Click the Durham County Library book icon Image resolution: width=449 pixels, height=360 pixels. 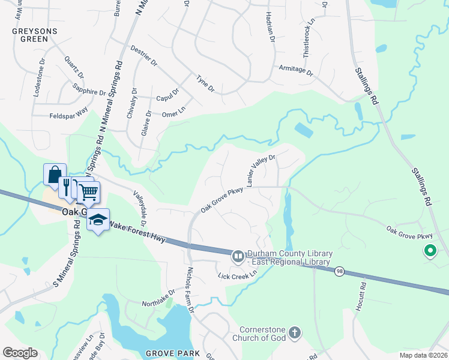238,257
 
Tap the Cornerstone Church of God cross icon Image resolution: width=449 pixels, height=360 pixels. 294,332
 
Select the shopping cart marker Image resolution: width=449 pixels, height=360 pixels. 89,192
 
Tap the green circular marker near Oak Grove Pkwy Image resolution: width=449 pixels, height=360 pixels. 430,251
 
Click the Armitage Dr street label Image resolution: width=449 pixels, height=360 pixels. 296,70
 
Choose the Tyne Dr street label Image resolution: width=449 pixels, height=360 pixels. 205,83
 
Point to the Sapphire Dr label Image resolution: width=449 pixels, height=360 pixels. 89,92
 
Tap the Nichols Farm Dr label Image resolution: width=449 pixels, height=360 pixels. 190,290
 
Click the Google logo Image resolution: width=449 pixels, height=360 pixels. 20,353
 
